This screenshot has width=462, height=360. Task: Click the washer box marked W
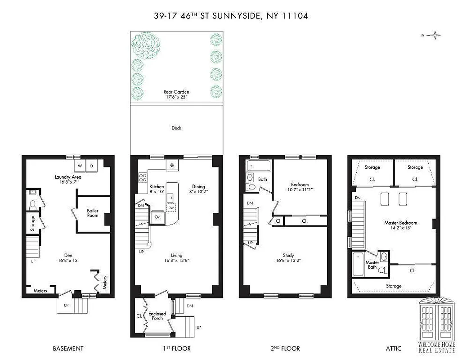click(x=80, y=166)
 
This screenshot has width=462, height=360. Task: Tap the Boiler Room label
click(x=93, y=213)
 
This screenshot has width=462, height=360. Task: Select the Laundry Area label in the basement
click(x=68, y=177)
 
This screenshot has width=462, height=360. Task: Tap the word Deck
click(x=176, y=128)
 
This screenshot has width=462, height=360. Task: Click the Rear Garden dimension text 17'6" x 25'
click(x=176, y=97)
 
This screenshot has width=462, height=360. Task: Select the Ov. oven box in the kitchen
click(x=157, y=216)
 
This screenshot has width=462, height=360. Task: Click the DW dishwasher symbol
click(x=171, y=208)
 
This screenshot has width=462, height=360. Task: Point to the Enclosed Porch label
click(x=157, y=316)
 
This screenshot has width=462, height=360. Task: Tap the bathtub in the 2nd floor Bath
click(x=258, y=166)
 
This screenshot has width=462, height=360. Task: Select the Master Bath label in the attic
click(x=372, y=265)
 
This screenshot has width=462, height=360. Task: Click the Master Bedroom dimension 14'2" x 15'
click(x=400, y=228)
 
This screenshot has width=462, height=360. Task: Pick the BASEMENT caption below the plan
click(x=68, y=348)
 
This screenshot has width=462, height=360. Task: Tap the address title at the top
click(x=231, y=16)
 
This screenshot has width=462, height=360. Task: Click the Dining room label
click(x=198, y=187)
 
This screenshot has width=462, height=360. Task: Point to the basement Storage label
click(x=33, y=224)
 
